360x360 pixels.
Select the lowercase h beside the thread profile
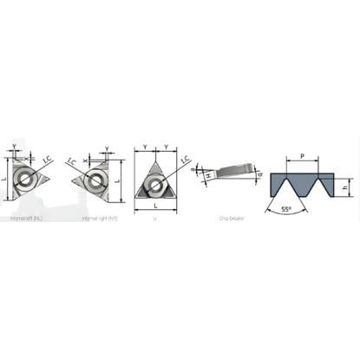pos(345,183)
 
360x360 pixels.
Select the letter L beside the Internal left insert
pos(5,180)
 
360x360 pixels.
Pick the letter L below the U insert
pos(156,209)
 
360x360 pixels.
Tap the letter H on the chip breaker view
pos(206,177)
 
